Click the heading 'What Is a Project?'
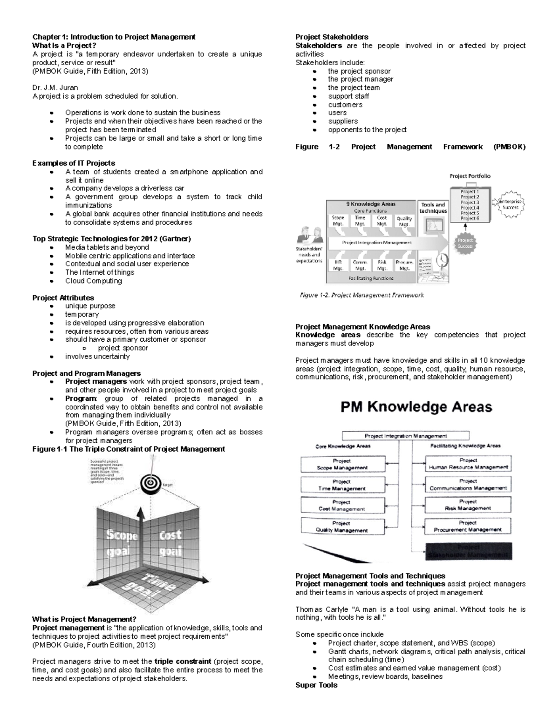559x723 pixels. [64, 45]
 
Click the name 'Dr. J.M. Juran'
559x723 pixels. [55, 88]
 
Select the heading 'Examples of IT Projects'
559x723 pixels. [74, 163]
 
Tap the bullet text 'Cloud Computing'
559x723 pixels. [93, 281]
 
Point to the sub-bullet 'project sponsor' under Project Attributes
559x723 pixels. [123, 348]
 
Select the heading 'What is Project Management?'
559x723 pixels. [84, 619]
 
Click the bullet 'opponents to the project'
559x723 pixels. [367, 130]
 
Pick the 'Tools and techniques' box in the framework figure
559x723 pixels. [433, 208]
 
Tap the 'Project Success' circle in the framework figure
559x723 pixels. [465, 243]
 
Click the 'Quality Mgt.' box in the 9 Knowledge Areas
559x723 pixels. [404, 221]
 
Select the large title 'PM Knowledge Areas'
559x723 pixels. [416, 407]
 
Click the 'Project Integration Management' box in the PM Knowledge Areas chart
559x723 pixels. [405, 436]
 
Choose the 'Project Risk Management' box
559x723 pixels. [468, 505]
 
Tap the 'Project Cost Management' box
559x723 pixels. [342, 506]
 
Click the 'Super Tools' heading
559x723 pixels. [316, 685]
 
